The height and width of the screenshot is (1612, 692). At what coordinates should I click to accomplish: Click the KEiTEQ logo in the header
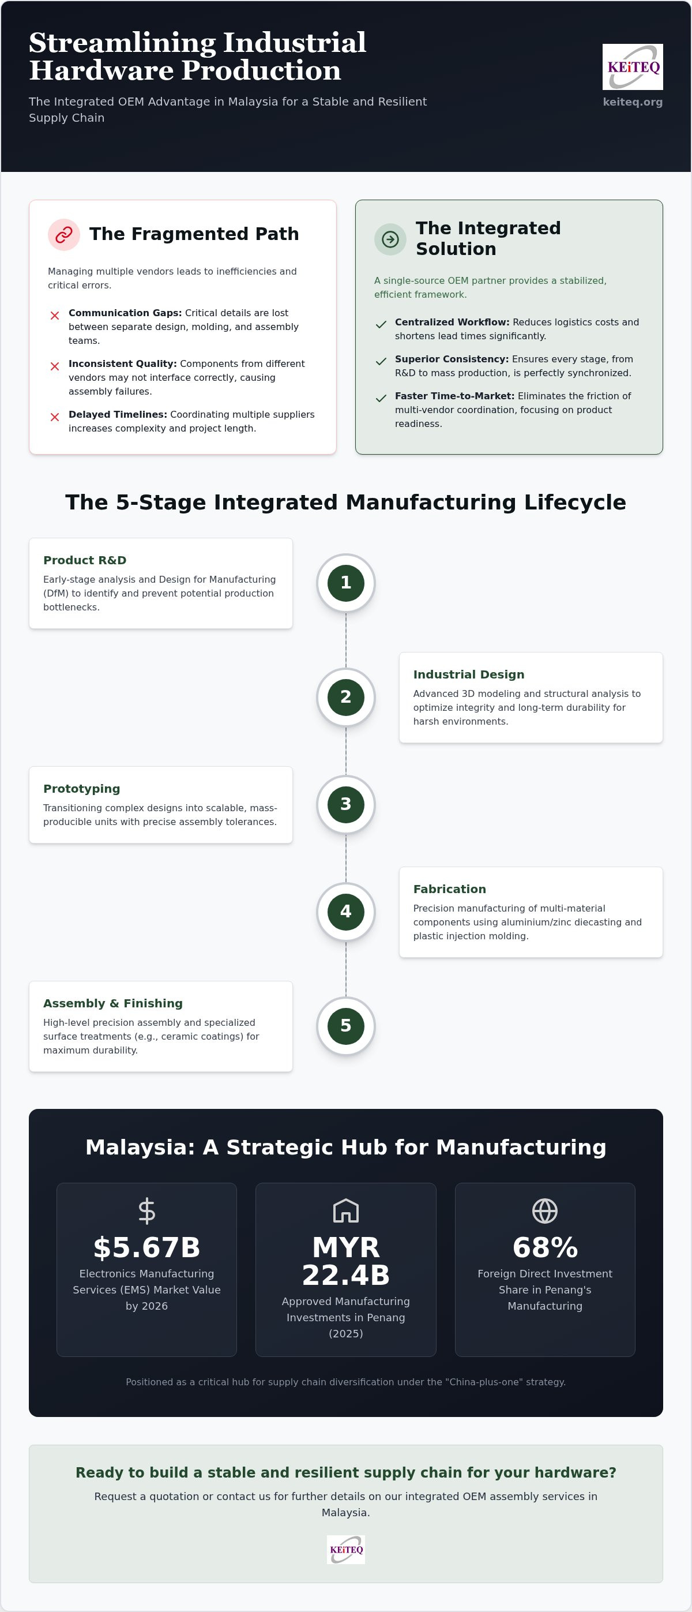(633, 67)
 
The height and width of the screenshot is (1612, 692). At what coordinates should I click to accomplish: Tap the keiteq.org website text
(633, 102)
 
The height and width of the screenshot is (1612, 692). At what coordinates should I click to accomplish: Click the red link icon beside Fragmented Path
(64, 235)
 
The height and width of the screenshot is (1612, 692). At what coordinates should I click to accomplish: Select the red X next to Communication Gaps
(55, 316)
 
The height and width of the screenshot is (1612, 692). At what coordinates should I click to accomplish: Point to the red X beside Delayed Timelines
(55, 417)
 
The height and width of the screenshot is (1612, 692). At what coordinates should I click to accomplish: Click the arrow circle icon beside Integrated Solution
(390, 239)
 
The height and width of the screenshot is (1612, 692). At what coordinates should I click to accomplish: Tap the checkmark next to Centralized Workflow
(381, 324)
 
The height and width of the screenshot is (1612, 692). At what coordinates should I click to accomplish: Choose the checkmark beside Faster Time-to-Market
(381, 398)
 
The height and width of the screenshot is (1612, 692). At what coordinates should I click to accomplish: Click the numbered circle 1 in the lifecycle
(346, 583)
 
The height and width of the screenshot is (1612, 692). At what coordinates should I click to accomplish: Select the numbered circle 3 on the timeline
(346, 805)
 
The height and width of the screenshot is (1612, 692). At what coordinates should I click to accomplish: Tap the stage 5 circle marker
(346, 1026)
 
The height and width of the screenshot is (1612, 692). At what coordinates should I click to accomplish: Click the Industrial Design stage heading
(469, 674)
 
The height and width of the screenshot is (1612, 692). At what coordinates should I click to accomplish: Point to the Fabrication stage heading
(449, 889)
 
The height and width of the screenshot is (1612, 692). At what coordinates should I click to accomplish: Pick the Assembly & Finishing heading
(112, 1003)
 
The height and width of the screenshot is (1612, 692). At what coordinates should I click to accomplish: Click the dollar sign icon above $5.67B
(146, 1211)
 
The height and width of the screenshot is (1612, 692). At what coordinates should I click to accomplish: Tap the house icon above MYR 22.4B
(346, 1211)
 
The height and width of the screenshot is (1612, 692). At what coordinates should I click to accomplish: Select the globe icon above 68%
(545, 1211)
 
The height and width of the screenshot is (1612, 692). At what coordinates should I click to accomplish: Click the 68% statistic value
(545, 1248)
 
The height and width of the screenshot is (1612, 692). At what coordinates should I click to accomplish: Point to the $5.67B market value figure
(146, 1248)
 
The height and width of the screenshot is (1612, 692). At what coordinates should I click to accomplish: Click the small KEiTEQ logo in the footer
(346, 1550)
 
